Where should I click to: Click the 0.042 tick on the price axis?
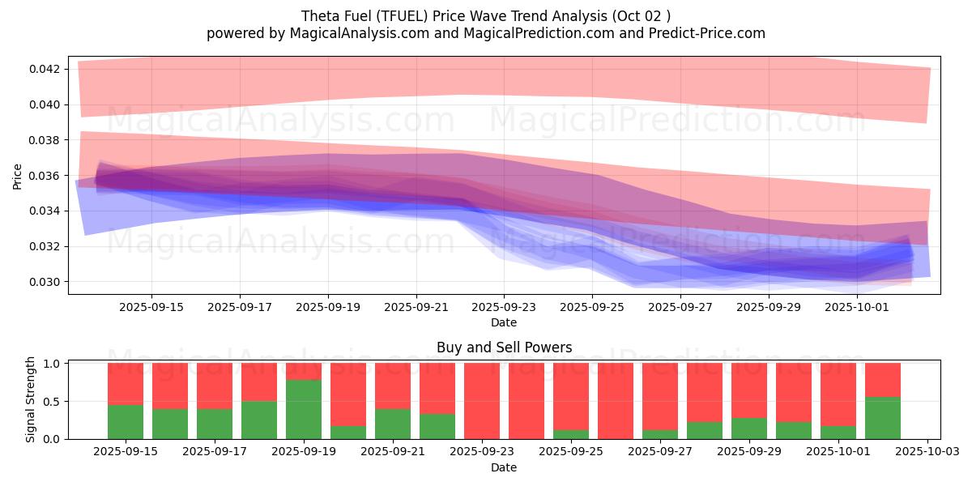click(46, 69)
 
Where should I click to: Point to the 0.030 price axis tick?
click(46, 282)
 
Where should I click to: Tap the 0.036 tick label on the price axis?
click(46, 176)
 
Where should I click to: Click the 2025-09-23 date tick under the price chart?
click(504, 308)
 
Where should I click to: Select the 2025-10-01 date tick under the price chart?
click(858, 308)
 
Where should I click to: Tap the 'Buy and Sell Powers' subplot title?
click(504, 347)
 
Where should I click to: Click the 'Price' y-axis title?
click(18, 175)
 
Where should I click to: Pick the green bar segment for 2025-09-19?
click(304, 409)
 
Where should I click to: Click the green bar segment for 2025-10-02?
click(883, 418)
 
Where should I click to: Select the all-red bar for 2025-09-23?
click(482, 401)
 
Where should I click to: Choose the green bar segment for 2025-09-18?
click(259, 420)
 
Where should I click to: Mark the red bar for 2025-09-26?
click(616, 401)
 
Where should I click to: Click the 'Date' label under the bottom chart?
click(504, 467)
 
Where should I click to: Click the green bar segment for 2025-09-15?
click(126, 422)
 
